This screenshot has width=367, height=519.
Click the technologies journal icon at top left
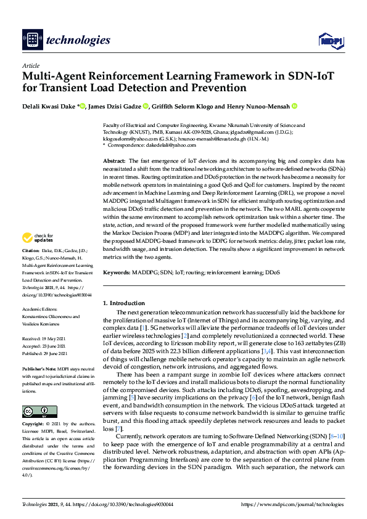(x=32, y=40)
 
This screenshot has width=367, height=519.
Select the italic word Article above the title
(x=30, y=65)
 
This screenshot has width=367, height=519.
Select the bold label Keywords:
(x=117, y=272)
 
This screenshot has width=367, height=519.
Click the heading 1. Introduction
(x=123, y=303)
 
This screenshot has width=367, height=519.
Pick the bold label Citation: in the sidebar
(x=31, y=269)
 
